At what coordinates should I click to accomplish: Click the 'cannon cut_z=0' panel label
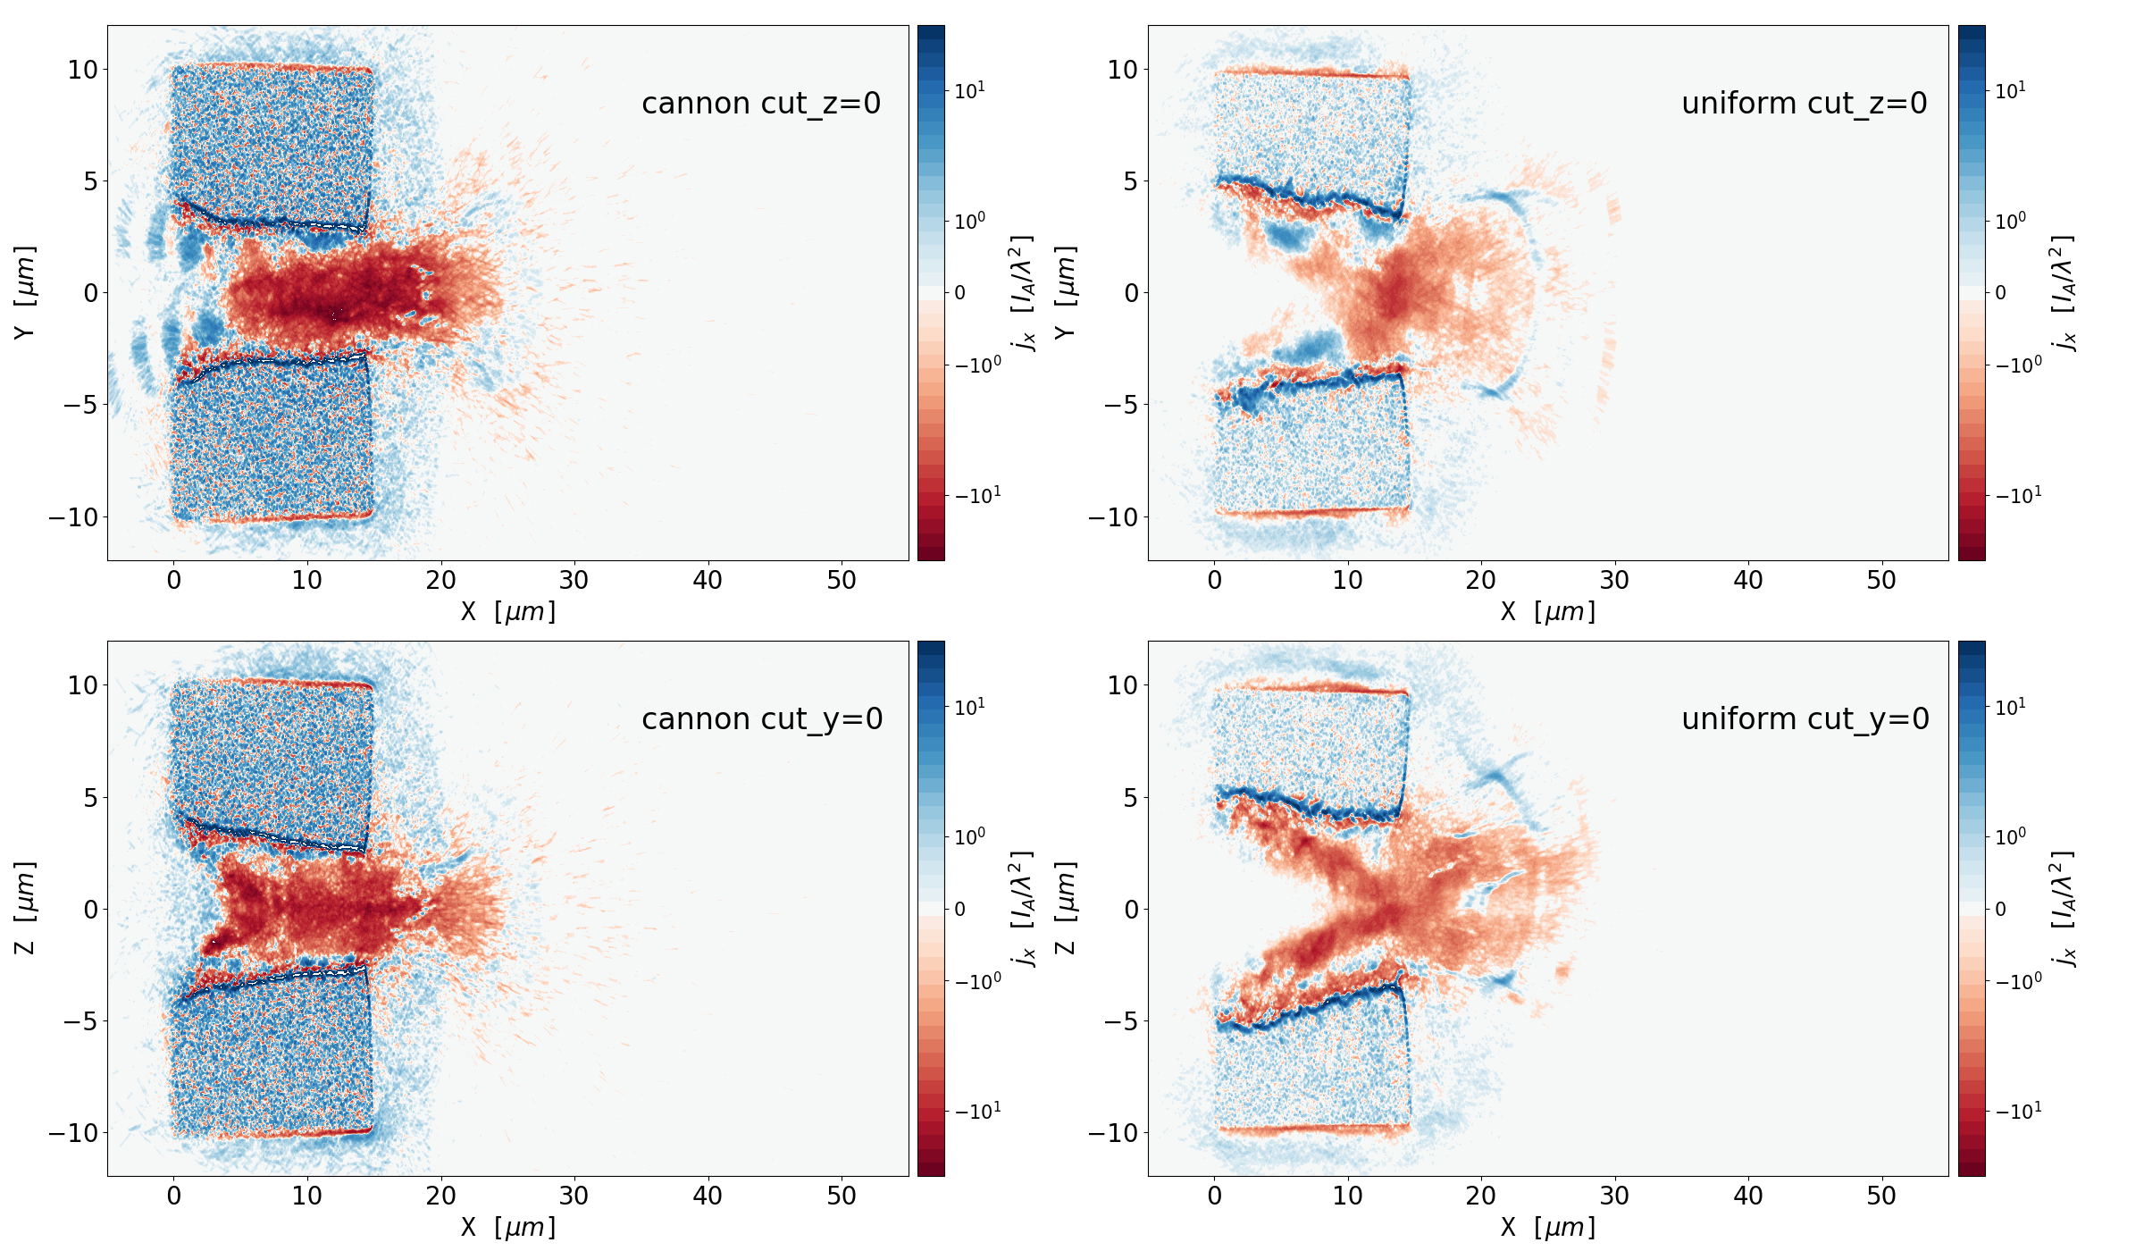(761, 104)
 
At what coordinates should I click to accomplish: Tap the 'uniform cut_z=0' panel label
(1804, 104)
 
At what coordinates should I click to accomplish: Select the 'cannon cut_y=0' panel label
(762, 719)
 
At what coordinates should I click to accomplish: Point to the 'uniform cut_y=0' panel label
(1805, 719)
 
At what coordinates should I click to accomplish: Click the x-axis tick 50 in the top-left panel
(842, 581)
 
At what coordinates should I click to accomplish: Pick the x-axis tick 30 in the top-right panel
(1614, 581)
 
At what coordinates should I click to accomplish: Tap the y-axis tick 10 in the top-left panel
(82, 70)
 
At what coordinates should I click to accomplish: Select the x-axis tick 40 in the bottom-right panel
(1748, 1196)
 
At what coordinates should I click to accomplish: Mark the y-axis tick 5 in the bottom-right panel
(1130, 797)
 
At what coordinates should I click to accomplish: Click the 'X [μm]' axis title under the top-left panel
(507, 612)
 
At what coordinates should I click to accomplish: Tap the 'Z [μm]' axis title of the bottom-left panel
(25, 908)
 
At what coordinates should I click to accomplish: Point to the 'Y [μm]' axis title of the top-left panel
(25, 292)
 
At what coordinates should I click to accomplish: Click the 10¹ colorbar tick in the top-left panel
(970, 90)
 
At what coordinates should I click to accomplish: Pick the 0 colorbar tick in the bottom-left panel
(960, 909)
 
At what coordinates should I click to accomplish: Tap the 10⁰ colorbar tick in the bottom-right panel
(2010, 837)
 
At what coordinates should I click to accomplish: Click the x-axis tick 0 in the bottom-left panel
(174, 1196)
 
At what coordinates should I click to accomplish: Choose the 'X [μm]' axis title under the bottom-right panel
(1548, 1228)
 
